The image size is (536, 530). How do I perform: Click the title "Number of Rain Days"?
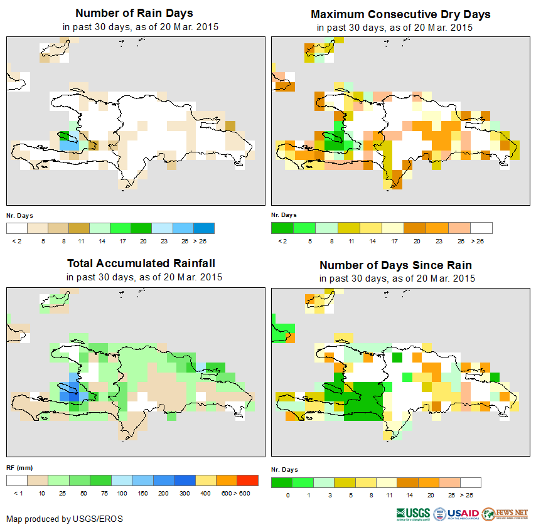pyautogui.click(x=134, y=13)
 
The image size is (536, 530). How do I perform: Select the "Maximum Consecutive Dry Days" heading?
pyautogui.click(x=400, y=14)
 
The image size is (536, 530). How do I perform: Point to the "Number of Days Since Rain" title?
pyautogui.click(x=395, y=265)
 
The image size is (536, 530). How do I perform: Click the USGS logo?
pyautogui.click(x=413, y=514)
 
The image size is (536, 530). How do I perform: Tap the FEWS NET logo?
pyautogui.click(x=505, y=514)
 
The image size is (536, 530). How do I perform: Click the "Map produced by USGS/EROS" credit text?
pyautogui.click(x=65, y=519)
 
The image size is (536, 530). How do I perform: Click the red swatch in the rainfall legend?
pyautogui.click(x=248, y=480)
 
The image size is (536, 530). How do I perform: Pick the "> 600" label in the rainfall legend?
pyautogui.click(x=245, y=494)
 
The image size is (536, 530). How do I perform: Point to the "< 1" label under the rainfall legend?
pyautogui.click(x=18, y=494)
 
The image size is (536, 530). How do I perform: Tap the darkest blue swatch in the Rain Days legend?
pyautogui.click(x=204, y=228)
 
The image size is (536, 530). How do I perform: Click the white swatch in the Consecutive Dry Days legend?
pyautogui.click(x=481, y=228)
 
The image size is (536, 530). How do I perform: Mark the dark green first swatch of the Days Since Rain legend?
pyautogui.click(x=282, y=482)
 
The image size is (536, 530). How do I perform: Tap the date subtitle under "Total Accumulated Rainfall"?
pyautogui.click(x=144, y=277)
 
